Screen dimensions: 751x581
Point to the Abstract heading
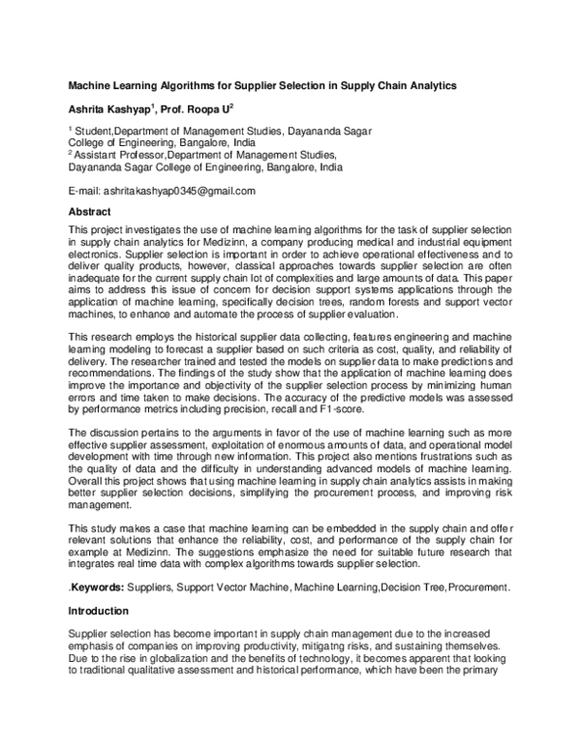(x=90, y=210)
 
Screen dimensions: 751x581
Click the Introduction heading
(x=100, y=612)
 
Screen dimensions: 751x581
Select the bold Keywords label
(x=96, y=587)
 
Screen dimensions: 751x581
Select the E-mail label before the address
(x=82, y=191)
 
